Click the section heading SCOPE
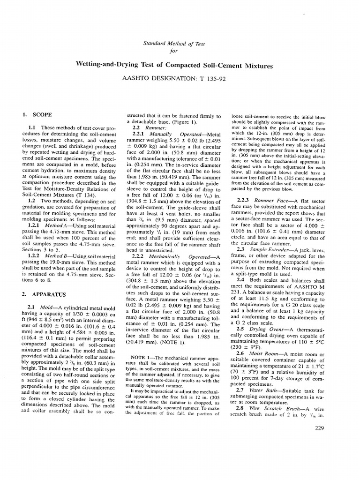[42, 114]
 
